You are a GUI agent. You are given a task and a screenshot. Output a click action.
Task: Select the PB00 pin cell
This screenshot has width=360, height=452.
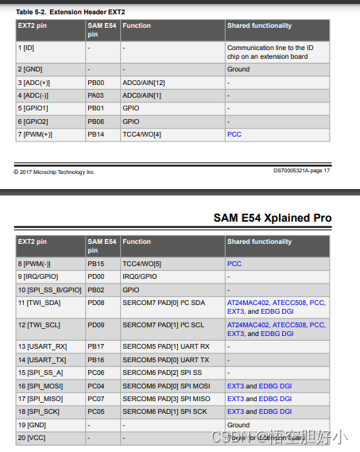[95, 82]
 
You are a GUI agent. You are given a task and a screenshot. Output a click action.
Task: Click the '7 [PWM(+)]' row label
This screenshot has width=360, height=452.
[36, 134]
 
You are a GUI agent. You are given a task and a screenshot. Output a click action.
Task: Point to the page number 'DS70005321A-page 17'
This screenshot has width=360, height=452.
[301, 171]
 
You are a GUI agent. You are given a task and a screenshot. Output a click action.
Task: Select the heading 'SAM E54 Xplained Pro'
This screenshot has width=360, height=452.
[273, 218]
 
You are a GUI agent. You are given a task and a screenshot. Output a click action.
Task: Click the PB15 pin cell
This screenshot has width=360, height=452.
[95, 263]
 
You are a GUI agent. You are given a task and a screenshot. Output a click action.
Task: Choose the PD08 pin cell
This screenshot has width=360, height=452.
[95, 303]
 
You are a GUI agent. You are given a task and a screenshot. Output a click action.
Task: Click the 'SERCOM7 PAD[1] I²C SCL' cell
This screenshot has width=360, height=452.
[164, 325]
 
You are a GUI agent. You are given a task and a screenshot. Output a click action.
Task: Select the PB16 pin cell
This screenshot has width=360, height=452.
[95, 360]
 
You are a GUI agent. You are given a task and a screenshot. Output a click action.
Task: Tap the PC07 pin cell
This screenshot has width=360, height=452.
[95, 398]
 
